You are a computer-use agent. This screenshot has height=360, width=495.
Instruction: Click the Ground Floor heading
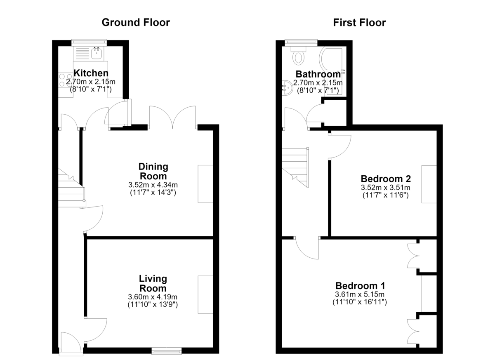[x=136, y=23]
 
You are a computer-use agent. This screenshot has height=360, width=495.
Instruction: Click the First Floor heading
[x=360, y=23]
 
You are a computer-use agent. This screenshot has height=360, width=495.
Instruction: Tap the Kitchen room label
[x=91, y=73]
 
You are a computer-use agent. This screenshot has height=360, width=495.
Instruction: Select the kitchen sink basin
[x=97, y=53]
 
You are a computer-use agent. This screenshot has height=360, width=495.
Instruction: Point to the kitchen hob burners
[x=66, y=80]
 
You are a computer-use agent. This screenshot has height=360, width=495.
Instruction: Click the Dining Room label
[x=153, y=172]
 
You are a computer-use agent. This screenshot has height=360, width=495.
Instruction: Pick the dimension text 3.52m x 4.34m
[x=153, y=185]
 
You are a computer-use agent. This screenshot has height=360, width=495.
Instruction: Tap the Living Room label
[x=153, y=283]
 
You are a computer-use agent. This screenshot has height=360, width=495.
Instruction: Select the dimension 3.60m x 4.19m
[x=153, y=297]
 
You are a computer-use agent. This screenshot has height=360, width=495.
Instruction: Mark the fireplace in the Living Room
[x=205, y=294]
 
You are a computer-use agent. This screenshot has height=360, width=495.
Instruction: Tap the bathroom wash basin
[x=288, y=87]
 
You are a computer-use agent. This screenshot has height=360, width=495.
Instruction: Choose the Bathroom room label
[x=318, y=74]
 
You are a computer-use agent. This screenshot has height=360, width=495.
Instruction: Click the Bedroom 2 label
[x=386, y=179]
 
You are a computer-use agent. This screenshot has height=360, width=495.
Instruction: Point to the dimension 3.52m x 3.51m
[x=386, y=188]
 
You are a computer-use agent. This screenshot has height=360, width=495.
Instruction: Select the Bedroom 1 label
[x=360, y=286]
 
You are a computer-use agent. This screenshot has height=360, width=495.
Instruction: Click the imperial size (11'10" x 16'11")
[x=360, y=302]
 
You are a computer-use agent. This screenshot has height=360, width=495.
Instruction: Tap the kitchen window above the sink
[x=89, y=42]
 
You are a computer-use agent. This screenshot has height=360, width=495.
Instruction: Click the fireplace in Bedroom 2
[x=429, y=184]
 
